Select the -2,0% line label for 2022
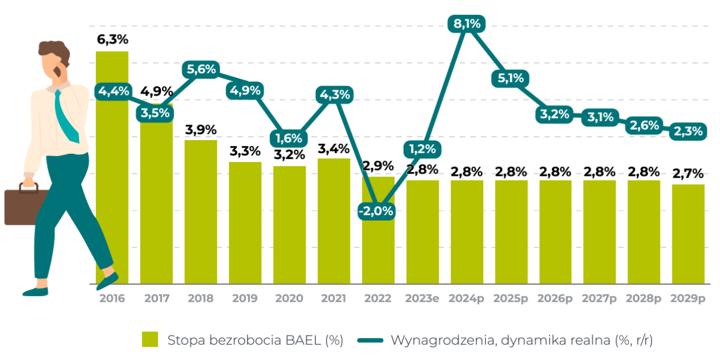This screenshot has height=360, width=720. (x=376, y=211)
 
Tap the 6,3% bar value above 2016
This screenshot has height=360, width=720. (x=113, y=40)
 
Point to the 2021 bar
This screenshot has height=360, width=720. (x=334, y=221)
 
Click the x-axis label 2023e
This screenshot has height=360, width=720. (x=422, y=298)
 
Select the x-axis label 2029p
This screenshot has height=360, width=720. (x=688, y=298)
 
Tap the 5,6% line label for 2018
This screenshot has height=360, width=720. (x=201, y=69)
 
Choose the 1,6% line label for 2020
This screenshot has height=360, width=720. (x=290, y=138)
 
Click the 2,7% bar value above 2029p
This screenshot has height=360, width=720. (x=688, y=174)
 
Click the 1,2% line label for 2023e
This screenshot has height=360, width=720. (x=423, y=148)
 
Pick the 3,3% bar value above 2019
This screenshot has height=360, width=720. (x=245, y=151)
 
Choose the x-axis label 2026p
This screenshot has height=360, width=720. (x=555, y=298)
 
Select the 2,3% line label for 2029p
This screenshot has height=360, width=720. (x=688, y=131)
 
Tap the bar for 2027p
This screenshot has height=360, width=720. (x=599, y=232)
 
